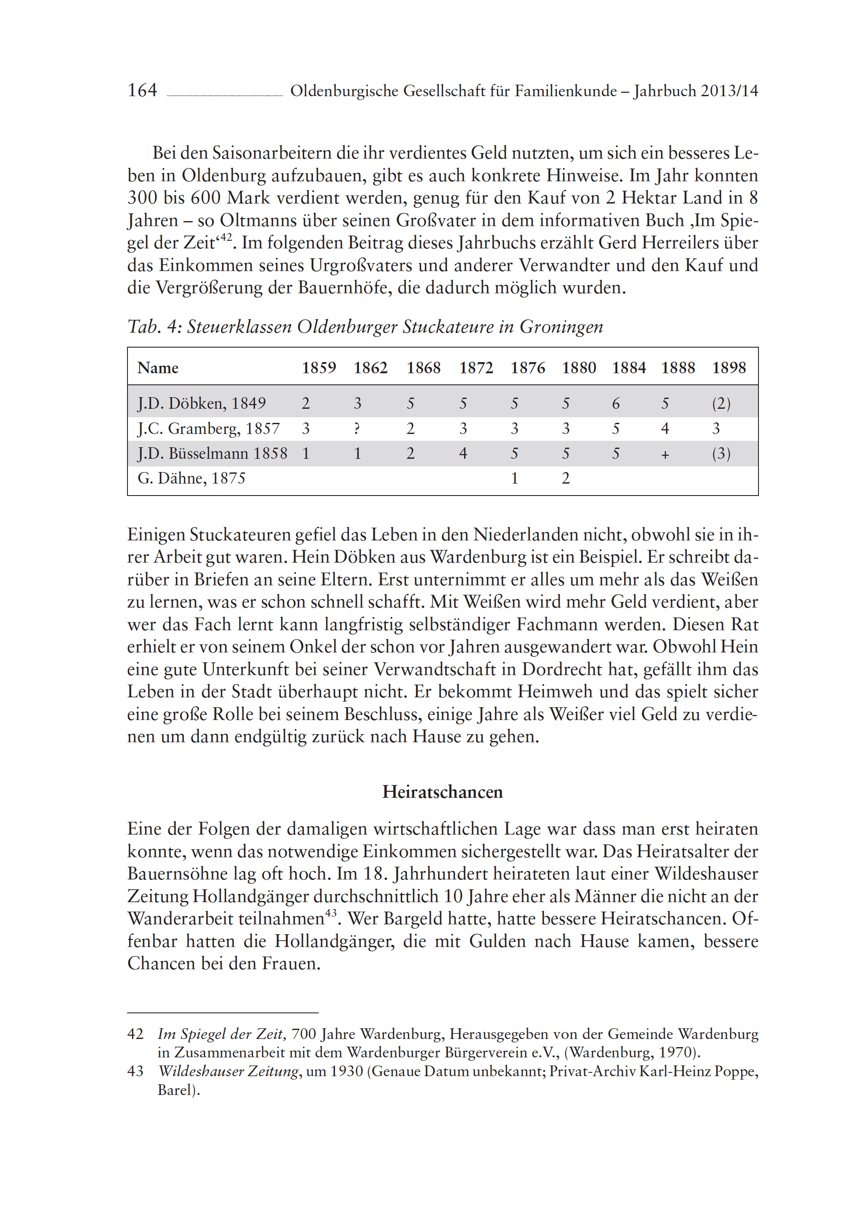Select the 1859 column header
pos(319,368)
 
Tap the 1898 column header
pos(729,368)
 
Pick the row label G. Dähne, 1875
pos(192,478)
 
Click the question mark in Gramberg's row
pos(357,429)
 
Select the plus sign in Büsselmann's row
pos(665,454)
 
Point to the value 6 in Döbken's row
pos(616,404)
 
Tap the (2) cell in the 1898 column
pos(721,404)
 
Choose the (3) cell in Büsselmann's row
pos(721,454)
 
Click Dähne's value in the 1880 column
pos(566,478)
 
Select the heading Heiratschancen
pos(442,792)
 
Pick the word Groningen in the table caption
pos(561,327)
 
